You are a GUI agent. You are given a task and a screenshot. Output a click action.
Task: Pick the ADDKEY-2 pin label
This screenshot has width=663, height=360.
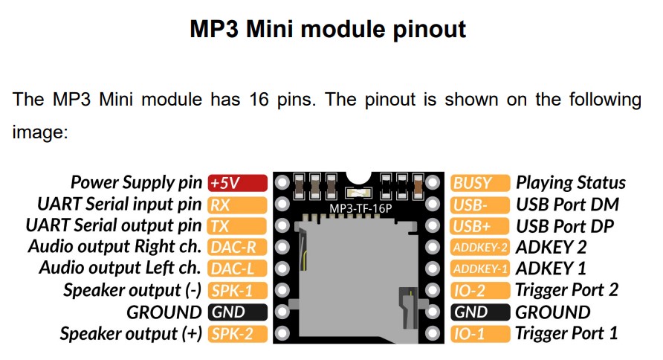coord(480,248)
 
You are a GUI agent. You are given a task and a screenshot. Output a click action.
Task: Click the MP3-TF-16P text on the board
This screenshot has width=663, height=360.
coord(360,208)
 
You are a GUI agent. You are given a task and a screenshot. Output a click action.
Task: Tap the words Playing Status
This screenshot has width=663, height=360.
coord(571,183)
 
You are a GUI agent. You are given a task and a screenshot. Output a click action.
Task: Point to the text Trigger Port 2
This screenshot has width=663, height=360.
coord(567,291)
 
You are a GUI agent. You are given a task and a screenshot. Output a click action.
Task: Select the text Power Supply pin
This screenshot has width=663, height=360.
coord(136,182)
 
